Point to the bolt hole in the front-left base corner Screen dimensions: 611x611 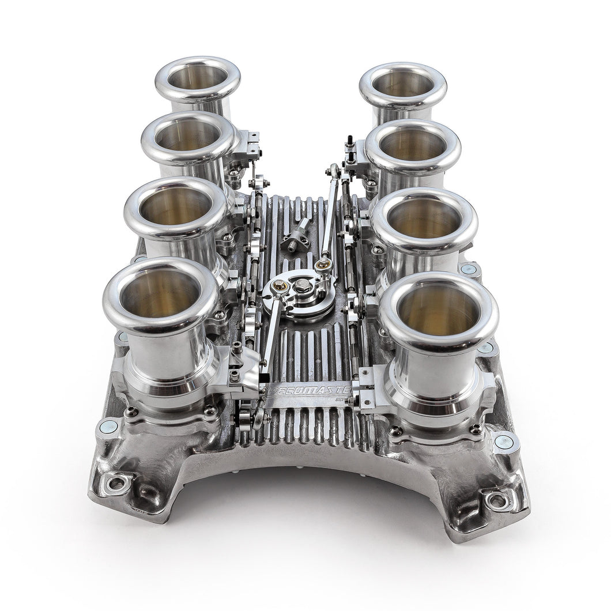(x=116, y=483)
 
